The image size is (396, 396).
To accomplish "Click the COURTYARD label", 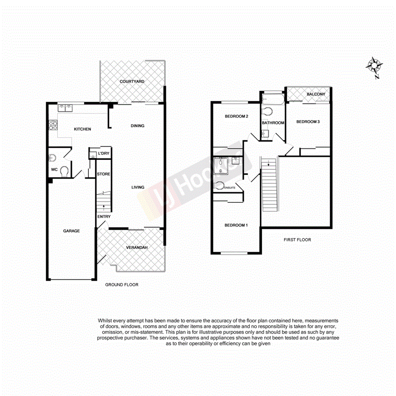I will tap(132, 82).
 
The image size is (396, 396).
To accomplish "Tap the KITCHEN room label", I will tap(82, 129).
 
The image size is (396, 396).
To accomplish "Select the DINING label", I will tap(137, 126).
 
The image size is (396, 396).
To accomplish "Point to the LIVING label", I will tap(138, 187).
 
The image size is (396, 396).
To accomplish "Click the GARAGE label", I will tap(71, 231).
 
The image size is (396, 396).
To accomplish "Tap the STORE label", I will tap(104, 174).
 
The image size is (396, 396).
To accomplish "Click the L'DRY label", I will tap(103, 153).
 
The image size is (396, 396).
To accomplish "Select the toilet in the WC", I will tap(64, 171).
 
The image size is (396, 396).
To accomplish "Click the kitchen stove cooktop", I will tap(52, 126).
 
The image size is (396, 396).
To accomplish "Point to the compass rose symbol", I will tap(374, 66).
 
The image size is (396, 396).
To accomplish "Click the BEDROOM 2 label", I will tap(237, 117).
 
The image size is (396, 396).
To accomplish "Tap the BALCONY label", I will tap(316, 94).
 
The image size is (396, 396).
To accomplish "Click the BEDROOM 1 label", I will tap(236, 225).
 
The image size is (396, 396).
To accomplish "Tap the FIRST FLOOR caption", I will tap(297, 240).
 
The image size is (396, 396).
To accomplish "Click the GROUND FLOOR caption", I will tap(121, 285).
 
